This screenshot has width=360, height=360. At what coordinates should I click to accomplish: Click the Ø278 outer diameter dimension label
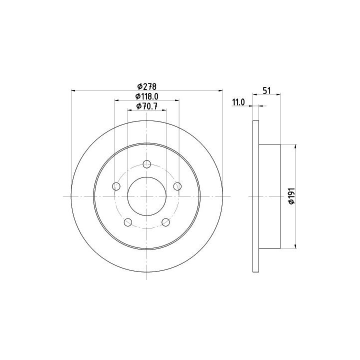click(x=146, y=86)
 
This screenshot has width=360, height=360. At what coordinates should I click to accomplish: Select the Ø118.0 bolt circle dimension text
click(x=146, y=96)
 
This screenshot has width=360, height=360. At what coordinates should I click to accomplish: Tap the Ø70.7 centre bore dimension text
click(x=146, y=106)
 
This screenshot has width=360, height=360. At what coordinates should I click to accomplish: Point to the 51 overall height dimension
click(x=266, y=90)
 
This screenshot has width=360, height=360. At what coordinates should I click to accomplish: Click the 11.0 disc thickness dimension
click(x=238, y=102)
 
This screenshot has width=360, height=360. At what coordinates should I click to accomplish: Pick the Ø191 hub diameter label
click(x=291, y=196)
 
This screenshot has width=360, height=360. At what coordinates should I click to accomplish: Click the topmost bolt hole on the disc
click(x=146, y=164)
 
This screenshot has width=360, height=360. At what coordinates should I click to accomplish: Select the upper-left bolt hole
click(x=116, y=186)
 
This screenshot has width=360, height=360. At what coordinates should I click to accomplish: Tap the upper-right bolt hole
click(x=177, y=186)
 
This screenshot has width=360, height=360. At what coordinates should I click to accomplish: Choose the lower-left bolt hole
click(x=128, y=222)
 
